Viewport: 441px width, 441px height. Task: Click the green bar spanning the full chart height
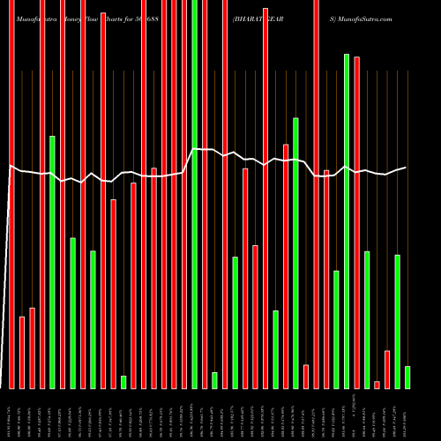point(194,194)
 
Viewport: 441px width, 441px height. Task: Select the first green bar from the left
point(52,262)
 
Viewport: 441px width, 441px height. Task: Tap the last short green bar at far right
point(407,377)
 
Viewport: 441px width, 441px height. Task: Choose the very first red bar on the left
point(12,194)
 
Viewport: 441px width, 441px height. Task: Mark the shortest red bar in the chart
point(377,385)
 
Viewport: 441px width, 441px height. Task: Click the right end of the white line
point(406,168)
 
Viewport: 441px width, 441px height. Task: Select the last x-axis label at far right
point(407,415)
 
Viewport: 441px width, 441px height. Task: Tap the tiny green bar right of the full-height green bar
point(214,380)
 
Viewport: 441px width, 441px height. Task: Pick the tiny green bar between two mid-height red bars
point(123,382)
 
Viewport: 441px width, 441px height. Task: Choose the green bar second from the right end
point(398,321)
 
